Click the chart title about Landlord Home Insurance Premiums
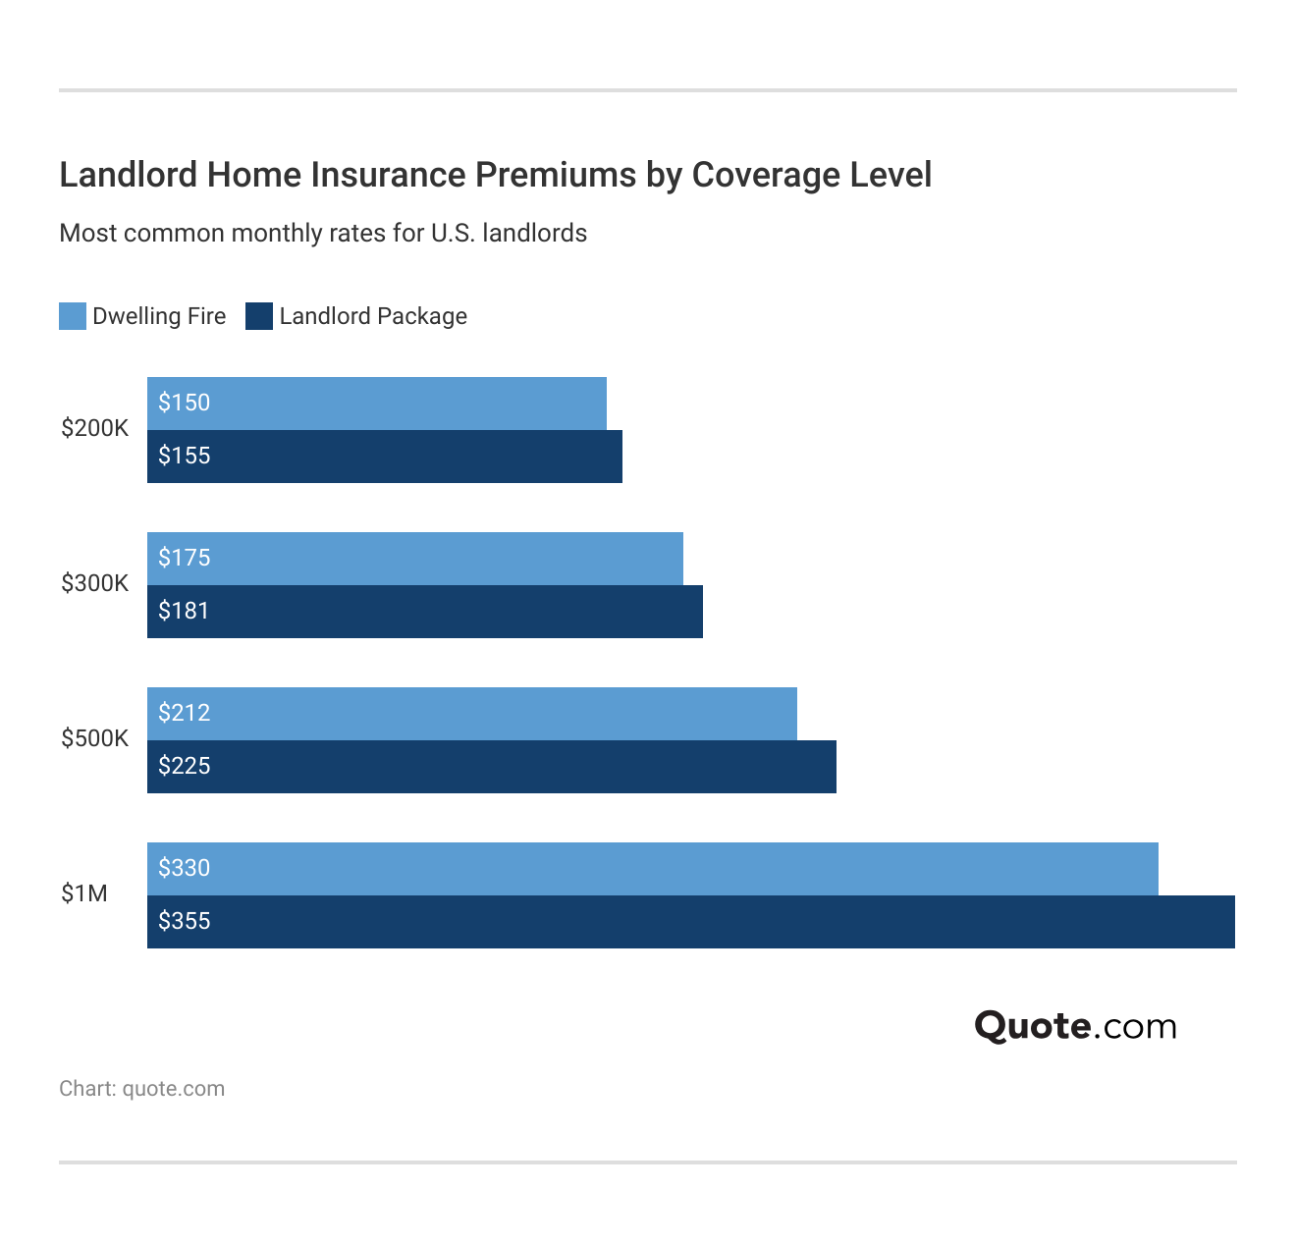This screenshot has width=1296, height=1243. [495, 175]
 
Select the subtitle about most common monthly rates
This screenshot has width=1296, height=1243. [323, 234]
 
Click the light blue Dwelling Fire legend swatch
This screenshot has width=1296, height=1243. [73, 316]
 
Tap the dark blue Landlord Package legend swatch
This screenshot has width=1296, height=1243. [259, 316]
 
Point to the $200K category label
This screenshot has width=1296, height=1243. [94, 429]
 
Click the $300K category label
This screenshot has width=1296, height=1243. [94, 584]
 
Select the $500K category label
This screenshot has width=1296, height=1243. [94, 739]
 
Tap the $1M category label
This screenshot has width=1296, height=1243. [84, 894]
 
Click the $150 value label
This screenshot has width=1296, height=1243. [185, 403]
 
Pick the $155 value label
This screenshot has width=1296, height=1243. [185, 456]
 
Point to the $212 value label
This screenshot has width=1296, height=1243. [185, 713]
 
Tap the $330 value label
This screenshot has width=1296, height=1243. [185, 868]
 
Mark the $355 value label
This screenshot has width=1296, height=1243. [185, 921]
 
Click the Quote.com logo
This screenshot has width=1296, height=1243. [1075, 1027]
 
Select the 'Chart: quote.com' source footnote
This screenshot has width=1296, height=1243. [142, 1089]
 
